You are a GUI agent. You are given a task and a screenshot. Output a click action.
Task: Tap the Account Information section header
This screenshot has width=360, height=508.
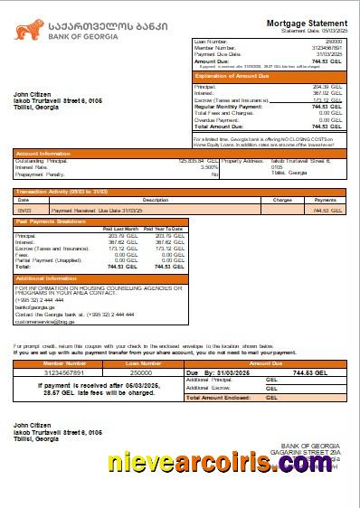(43, 154)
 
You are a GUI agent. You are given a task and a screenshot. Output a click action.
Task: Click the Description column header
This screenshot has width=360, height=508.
(156, 200)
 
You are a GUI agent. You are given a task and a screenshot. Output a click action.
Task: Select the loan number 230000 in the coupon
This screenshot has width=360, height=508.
(141, 372)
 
